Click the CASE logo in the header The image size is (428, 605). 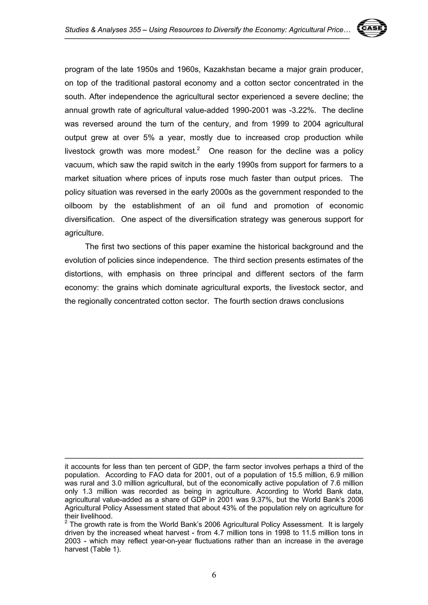point(372,28)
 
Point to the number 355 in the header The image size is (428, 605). point(135,30)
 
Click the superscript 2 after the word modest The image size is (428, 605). point(198,149)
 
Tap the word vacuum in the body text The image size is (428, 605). point(78,165)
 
